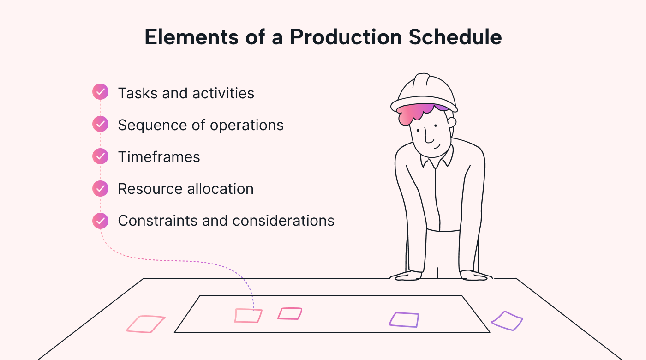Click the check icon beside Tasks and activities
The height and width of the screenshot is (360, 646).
pos(100,92)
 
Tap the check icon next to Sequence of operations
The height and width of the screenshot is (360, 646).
pos(100,124)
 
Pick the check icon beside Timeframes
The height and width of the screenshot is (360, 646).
pos(100,156)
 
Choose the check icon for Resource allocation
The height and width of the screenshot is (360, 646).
pos(100,188)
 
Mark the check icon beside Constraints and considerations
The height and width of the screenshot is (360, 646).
pos(100,220)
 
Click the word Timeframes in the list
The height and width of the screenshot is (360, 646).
pos(159,157)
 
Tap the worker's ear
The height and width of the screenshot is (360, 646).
pos(451,123)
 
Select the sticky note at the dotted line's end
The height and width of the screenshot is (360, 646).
pos(248,316)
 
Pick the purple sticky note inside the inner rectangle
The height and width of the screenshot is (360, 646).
pos(404,320)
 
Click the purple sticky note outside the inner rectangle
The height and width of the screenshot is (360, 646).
pos(507,321)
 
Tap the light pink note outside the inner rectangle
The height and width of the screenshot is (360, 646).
pos(146,324)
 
